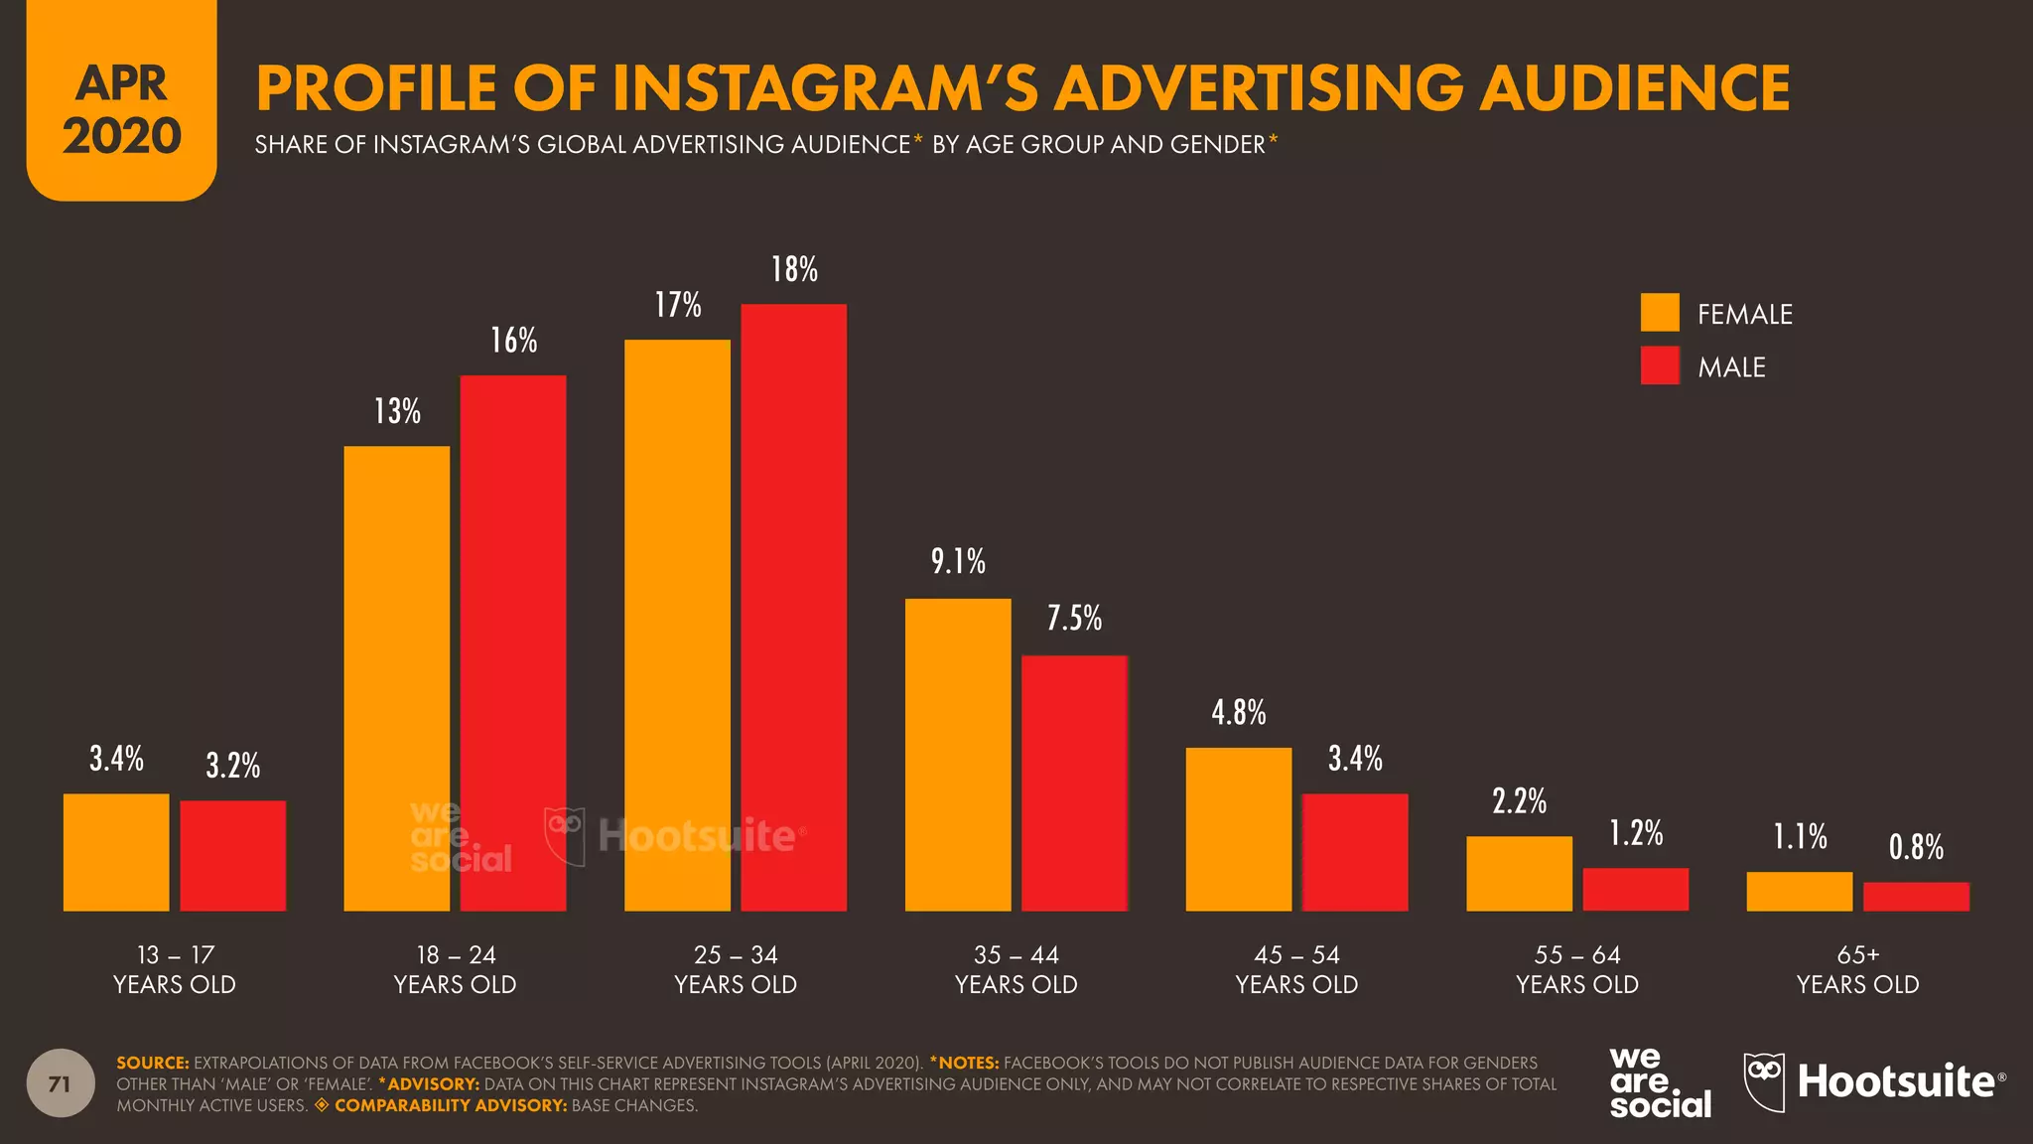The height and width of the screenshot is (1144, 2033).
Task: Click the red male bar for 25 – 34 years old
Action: (793, 608)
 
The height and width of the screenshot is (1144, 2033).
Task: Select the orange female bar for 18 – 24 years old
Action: (396, 678)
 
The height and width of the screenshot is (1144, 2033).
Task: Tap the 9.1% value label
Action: (958, 562)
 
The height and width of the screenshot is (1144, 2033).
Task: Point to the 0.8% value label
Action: (1916, 847)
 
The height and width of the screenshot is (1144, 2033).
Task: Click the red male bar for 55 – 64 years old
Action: (1635, 890)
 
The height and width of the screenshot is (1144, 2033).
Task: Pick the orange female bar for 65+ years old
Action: (1799, 892)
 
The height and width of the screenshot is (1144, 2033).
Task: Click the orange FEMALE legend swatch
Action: (1660, 313)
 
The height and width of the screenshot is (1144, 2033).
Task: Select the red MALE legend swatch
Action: (1660, 365)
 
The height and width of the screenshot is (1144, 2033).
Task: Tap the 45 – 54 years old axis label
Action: (1296, 969)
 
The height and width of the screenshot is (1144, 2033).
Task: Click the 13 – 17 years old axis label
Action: (175, 969)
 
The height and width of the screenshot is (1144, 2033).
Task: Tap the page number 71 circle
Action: (61, 1083)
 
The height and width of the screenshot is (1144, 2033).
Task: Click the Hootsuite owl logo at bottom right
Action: (1764, 1081)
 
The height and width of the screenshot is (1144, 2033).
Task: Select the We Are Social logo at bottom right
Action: (1659, 1082)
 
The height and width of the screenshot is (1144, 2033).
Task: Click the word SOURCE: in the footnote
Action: (152, 1063)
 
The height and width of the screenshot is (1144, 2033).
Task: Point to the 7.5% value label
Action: (1074, 619)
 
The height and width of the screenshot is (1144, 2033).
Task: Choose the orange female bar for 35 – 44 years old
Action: (958, 755)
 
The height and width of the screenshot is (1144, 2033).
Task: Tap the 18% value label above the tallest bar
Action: (794, 269)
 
